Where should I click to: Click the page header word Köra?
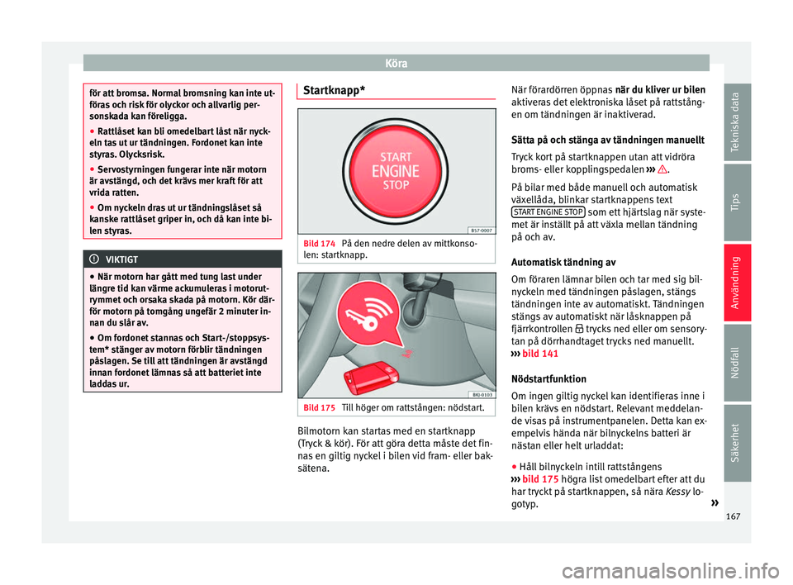coord(396,62)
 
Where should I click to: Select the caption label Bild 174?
coord(319,245)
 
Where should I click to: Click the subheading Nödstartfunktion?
coord(548,378)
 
